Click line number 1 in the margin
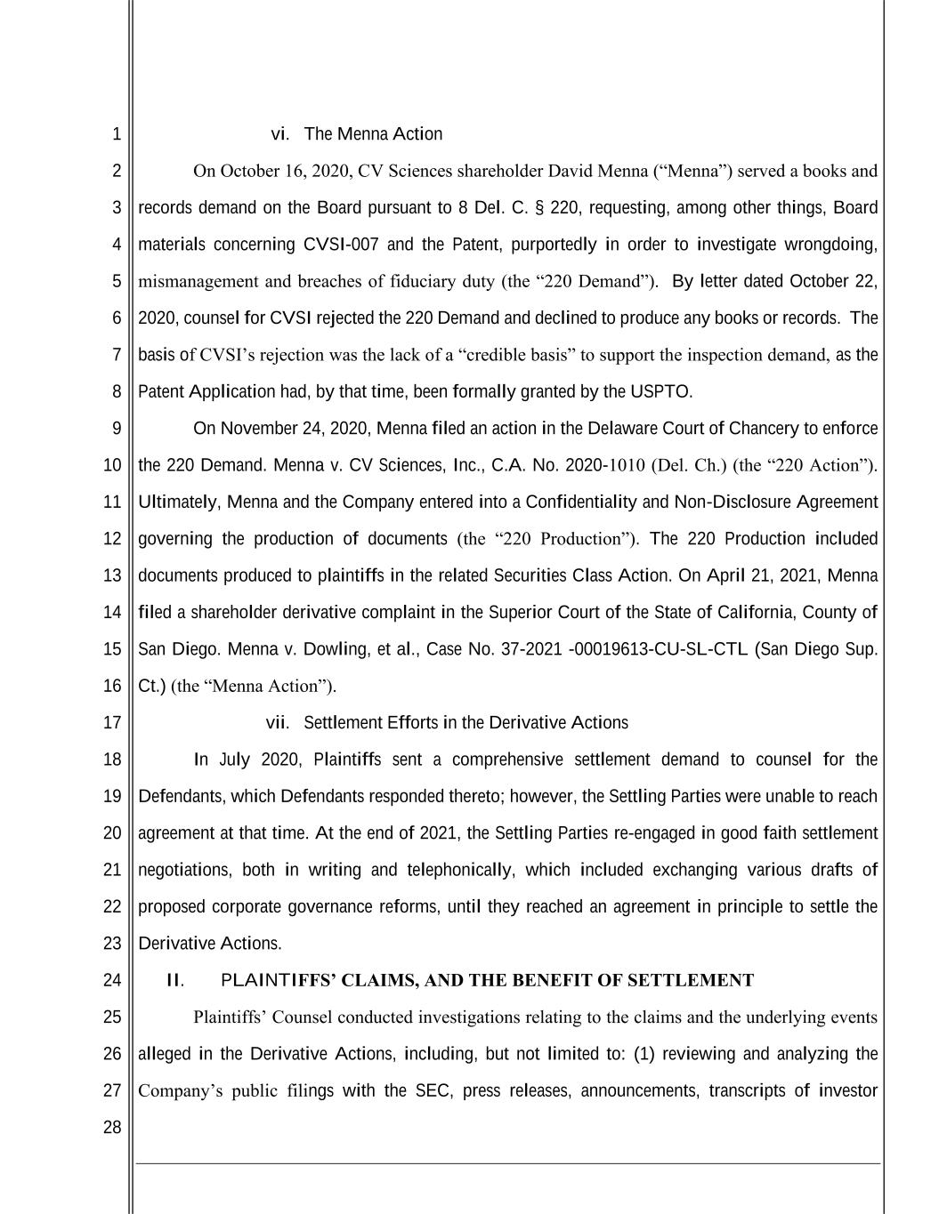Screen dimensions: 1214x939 117,135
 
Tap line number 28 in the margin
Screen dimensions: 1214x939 112,1128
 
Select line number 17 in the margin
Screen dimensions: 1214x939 112,723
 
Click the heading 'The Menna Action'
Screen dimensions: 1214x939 373,134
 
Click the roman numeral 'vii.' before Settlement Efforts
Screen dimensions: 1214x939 278,723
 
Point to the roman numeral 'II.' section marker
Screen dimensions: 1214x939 175,980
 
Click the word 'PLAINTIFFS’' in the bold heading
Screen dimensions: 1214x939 276,980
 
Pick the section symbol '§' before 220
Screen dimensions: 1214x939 540,208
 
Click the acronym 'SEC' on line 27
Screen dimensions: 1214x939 432,1090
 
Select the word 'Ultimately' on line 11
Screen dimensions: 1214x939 178,502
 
